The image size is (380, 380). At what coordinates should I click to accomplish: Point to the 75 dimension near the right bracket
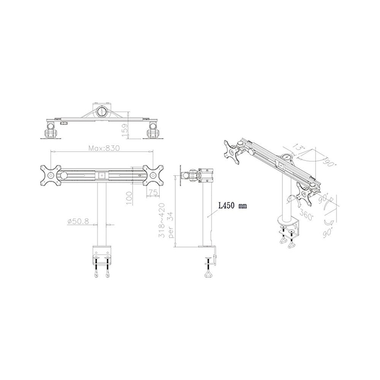tap(153, 192)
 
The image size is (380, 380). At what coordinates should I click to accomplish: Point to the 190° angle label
tap(328, 160)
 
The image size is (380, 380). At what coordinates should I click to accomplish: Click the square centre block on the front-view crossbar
tap(102, 175)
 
